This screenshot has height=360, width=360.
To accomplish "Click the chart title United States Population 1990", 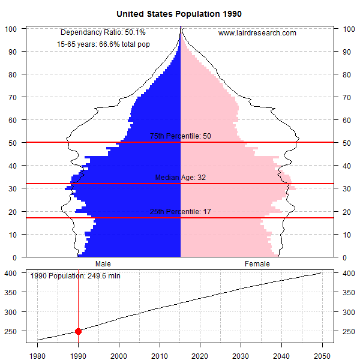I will click(179, 13).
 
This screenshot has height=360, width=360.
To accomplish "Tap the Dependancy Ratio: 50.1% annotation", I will click(103, 32).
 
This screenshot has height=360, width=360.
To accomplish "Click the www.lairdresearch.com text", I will click(257, 33).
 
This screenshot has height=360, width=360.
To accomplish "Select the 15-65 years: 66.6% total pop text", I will click(103, 44).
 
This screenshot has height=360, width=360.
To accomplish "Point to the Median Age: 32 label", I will click(180, 178).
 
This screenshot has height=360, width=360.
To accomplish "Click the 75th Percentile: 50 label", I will click(180, 136).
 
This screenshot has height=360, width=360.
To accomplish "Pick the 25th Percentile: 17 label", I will click(180, 212).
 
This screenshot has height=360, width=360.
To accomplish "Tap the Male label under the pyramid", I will click(103, 263).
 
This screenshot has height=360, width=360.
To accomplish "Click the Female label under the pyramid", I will click(257, 263).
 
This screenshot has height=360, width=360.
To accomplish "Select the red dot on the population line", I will click(78, 331).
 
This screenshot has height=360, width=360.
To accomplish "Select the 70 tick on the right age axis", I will click(346, 97).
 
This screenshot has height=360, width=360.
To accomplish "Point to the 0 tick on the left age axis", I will click(17, 257).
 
